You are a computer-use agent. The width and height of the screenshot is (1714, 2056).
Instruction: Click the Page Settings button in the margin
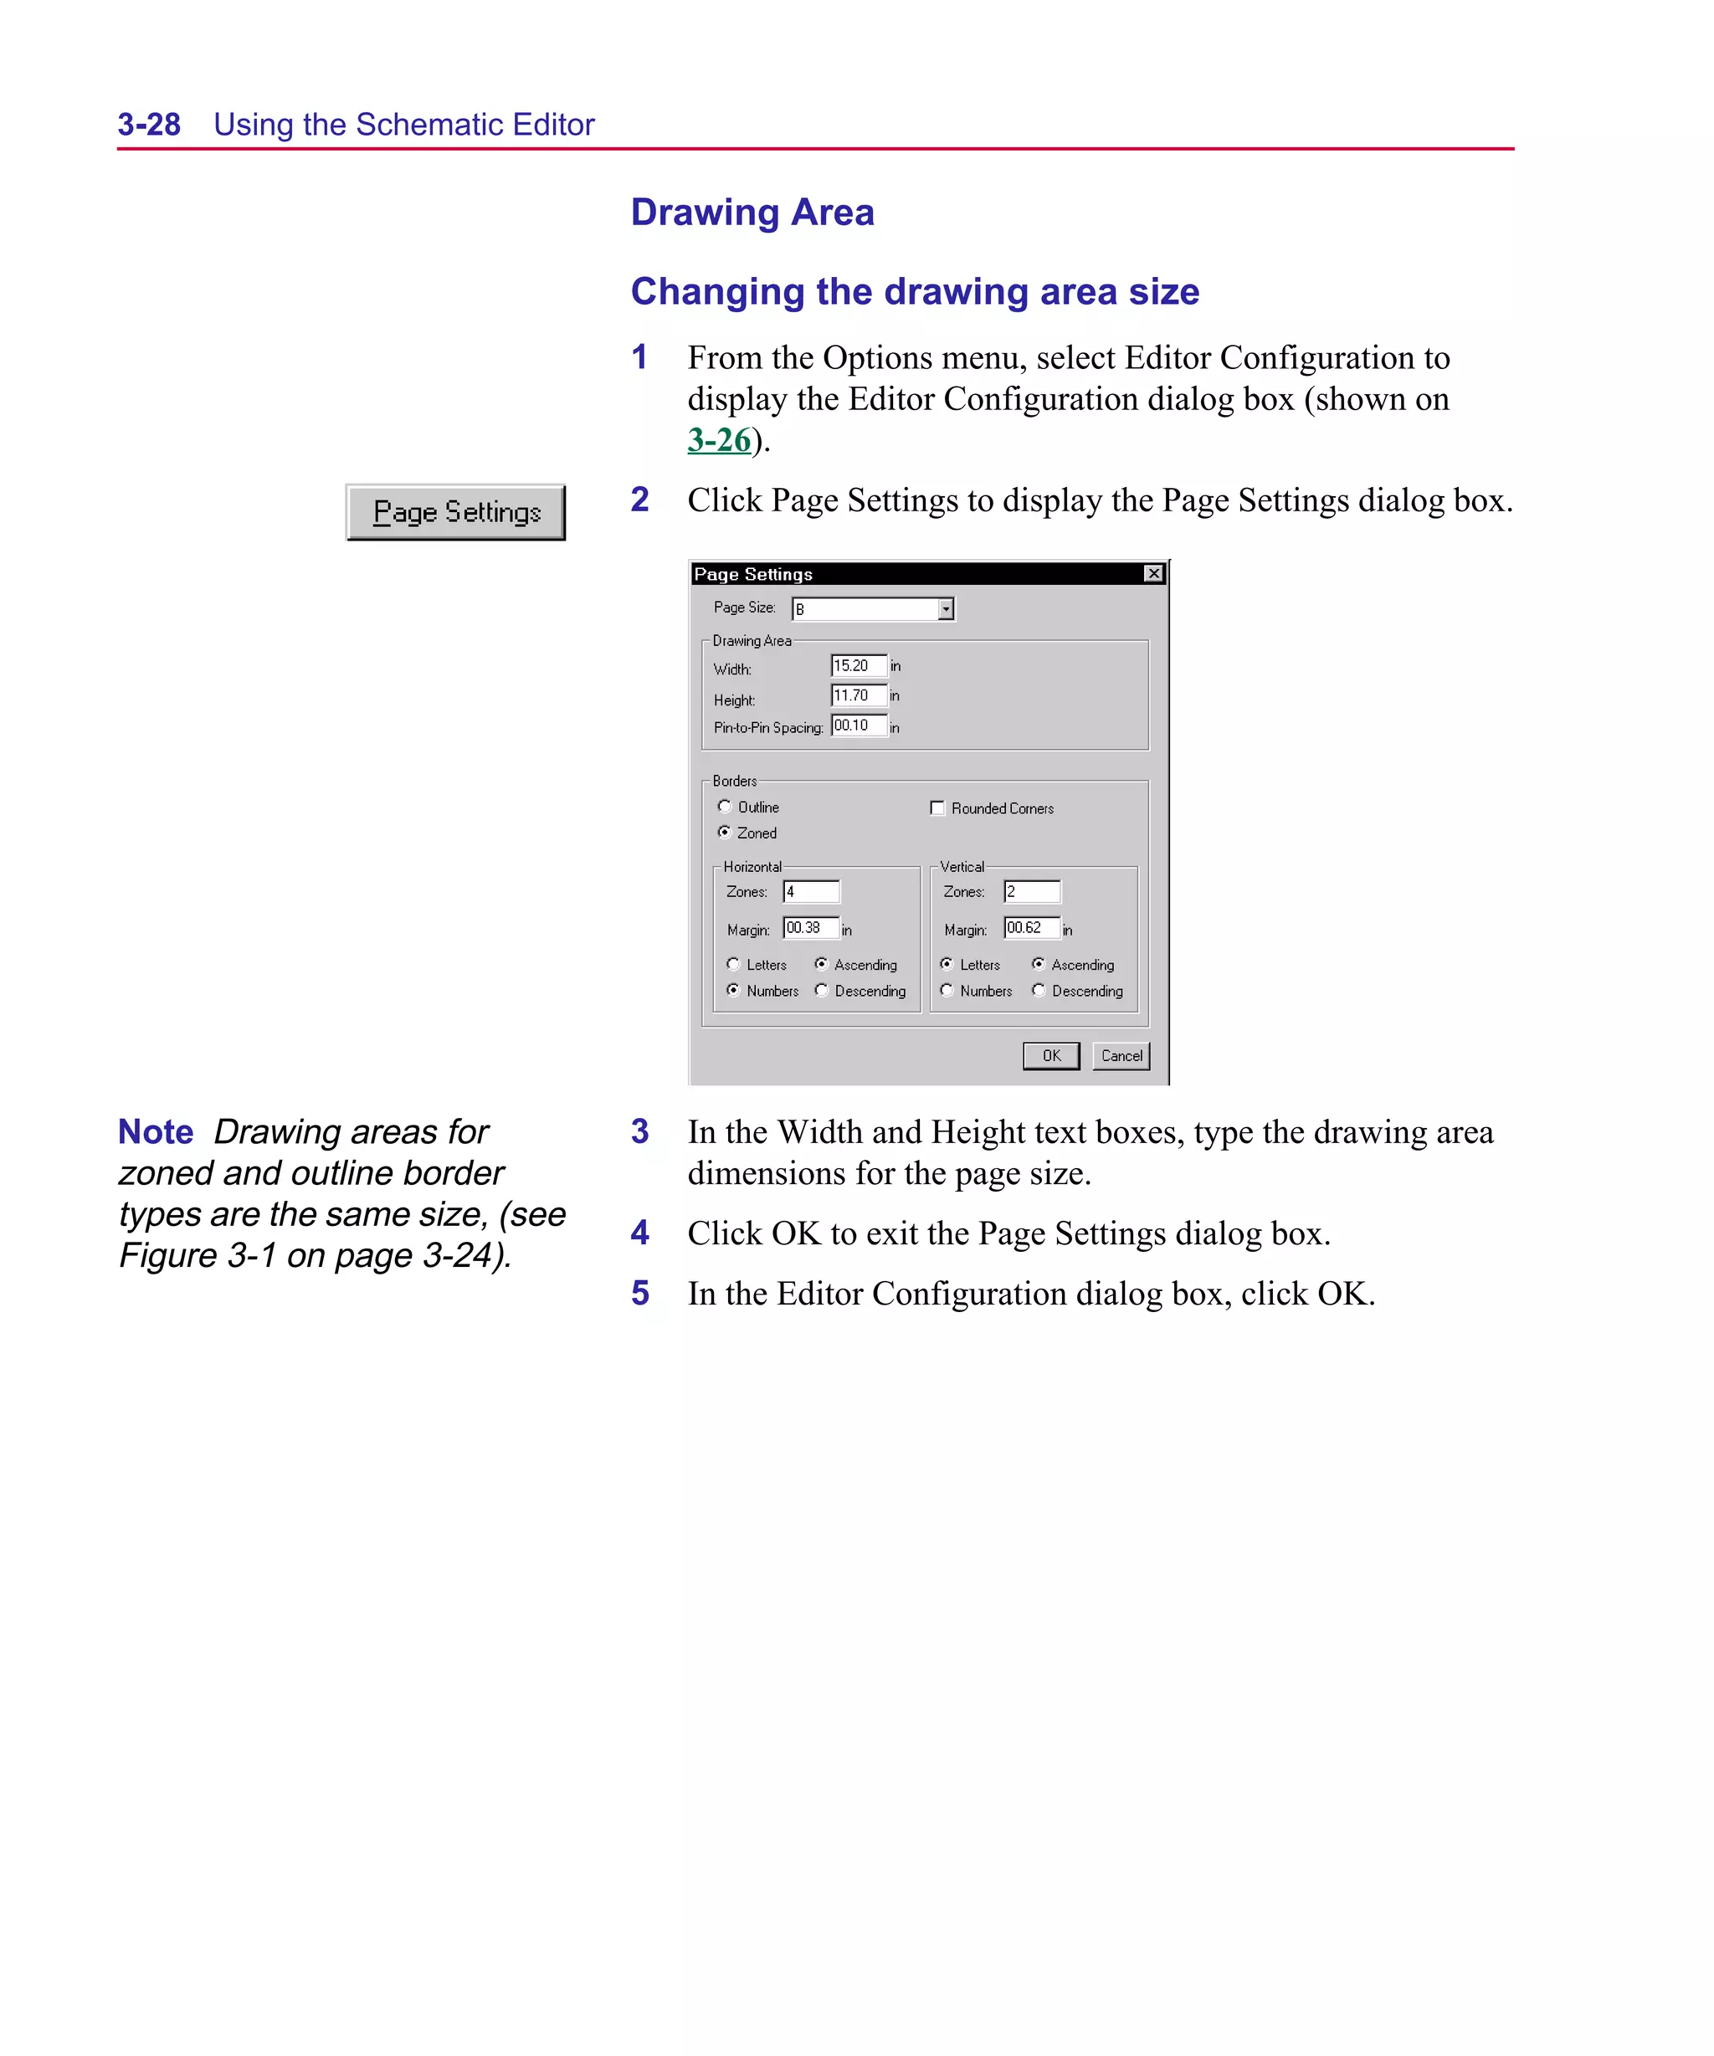pos(455,512)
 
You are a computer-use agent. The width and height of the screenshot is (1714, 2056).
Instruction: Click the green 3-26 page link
pos(718,440)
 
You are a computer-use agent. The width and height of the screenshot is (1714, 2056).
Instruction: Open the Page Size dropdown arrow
pos(945,609)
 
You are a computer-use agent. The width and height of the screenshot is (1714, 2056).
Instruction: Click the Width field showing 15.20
pos(857,666)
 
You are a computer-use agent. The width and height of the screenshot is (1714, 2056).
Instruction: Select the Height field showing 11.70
pos(857,695)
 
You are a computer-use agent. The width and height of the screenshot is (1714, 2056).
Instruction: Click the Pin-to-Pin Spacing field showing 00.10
pos(857,725)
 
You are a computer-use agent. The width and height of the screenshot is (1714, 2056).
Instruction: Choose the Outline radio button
pos(725,807)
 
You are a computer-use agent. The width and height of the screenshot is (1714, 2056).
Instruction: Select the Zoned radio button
pos(725,832)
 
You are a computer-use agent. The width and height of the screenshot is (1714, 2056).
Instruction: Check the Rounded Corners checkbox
pos(937,808)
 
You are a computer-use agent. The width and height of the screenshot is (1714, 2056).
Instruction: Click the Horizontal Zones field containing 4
pos(811,892)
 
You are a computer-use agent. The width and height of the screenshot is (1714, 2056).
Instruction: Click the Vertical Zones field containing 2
pos(1031,892)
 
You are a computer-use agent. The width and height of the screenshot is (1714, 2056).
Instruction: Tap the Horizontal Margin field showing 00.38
pos(811,928)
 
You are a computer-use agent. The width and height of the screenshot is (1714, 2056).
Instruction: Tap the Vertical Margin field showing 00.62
pos(1031,928)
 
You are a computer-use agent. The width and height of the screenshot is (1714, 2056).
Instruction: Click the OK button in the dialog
pos(1051,1055)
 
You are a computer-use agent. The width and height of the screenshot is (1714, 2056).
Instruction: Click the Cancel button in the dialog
pos(1121,1055)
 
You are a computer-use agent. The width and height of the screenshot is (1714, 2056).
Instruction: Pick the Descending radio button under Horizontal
pos(822,990)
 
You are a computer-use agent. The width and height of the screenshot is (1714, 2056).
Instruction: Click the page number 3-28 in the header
pos(149,125)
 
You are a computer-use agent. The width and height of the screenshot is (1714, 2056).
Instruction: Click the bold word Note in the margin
pos(156,1132)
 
